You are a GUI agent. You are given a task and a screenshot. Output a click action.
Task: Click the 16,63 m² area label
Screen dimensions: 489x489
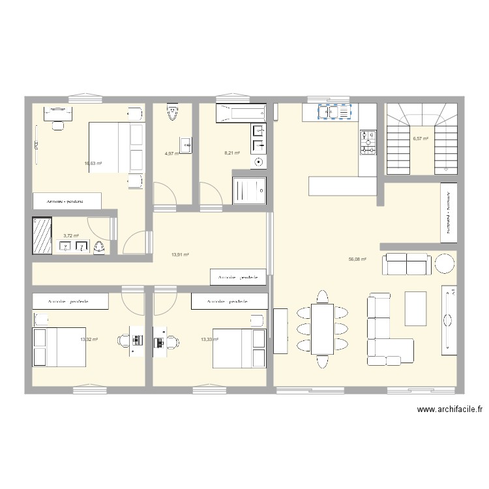pyautogui.click(x=92, y=164)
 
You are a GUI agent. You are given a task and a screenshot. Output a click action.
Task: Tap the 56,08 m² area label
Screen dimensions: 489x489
pyautogui.click(x=357, y=259)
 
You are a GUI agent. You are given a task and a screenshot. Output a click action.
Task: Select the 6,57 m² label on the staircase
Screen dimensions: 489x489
pyautogui.click(x=421, y=139)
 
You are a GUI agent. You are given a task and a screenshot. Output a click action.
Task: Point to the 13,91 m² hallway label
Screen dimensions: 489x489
pyautogui.click(x=180, y=255)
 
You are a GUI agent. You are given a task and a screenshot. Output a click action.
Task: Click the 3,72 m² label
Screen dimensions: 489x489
pyautogui.click(x=71, y=236)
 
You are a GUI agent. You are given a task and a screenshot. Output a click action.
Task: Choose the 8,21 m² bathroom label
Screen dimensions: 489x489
pyautogui.click(x=232, y=153)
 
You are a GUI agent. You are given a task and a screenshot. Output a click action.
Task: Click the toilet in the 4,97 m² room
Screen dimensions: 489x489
pyautogui.click(x=172, y=112)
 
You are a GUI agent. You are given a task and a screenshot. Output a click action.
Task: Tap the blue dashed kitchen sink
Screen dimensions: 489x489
pyautogui.click(x=334, y=113)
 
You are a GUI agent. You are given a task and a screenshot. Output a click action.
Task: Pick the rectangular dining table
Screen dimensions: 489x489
pyautogui.click(x=322, y=329)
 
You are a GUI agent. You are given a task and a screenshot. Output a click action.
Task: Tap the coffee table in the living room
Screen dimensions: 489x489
pyautogui.click(x=416, y=306)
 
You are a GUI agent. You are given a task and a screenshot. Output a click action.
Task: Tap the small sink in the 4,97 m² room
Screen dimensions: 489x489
pyautogui.click(x=186, y=145)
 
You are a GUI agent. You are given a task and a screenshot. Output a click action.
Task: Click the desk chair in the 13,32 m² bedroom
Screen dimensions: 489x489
pyautogui.click(x=124, y=341)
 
